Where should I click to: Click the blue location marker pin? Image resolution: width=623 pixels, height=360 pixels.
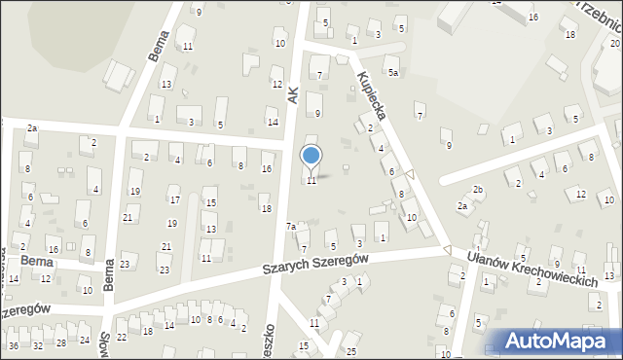click(x=311, y=157)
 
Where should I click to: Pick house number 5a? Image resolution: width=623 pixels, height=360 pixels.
click(x=393, y=72)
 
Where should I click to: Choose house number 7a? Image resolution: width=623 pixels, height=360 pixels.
click(x=291, y=227)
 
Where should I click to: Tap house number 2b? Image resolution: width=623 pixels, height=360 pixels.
click(x=477, y=189)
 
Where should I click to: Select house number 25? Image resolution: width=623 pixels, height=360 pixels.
click(x=351, y=350)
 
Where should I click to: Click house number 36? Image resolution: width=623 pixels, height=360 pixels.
click(x=13, y=345)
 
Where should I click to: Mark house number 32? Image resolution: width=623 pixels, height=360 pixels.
click(x=37, y=345)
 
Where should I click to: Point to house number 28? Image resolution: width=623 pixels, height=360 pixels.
click(x=61, y=342)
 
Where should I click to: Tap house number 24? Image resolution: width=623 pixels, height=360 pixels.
click(x=85, y=340)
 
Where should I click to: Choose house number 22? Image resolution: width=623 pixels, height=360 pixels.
click(x=121, y=337)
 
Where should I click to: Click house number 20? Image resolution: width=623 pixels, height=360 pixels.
click(x=615, y=43)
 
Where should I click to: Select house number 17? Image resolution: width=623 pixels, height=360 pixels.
click(x=174, y=200)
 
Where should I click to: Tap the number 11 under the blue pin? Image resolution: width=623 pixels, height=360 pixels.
click(x=311, y=181)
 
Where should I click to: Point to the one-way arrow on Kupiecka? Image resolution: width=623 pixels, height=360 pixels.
click(x=410, y=175)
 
